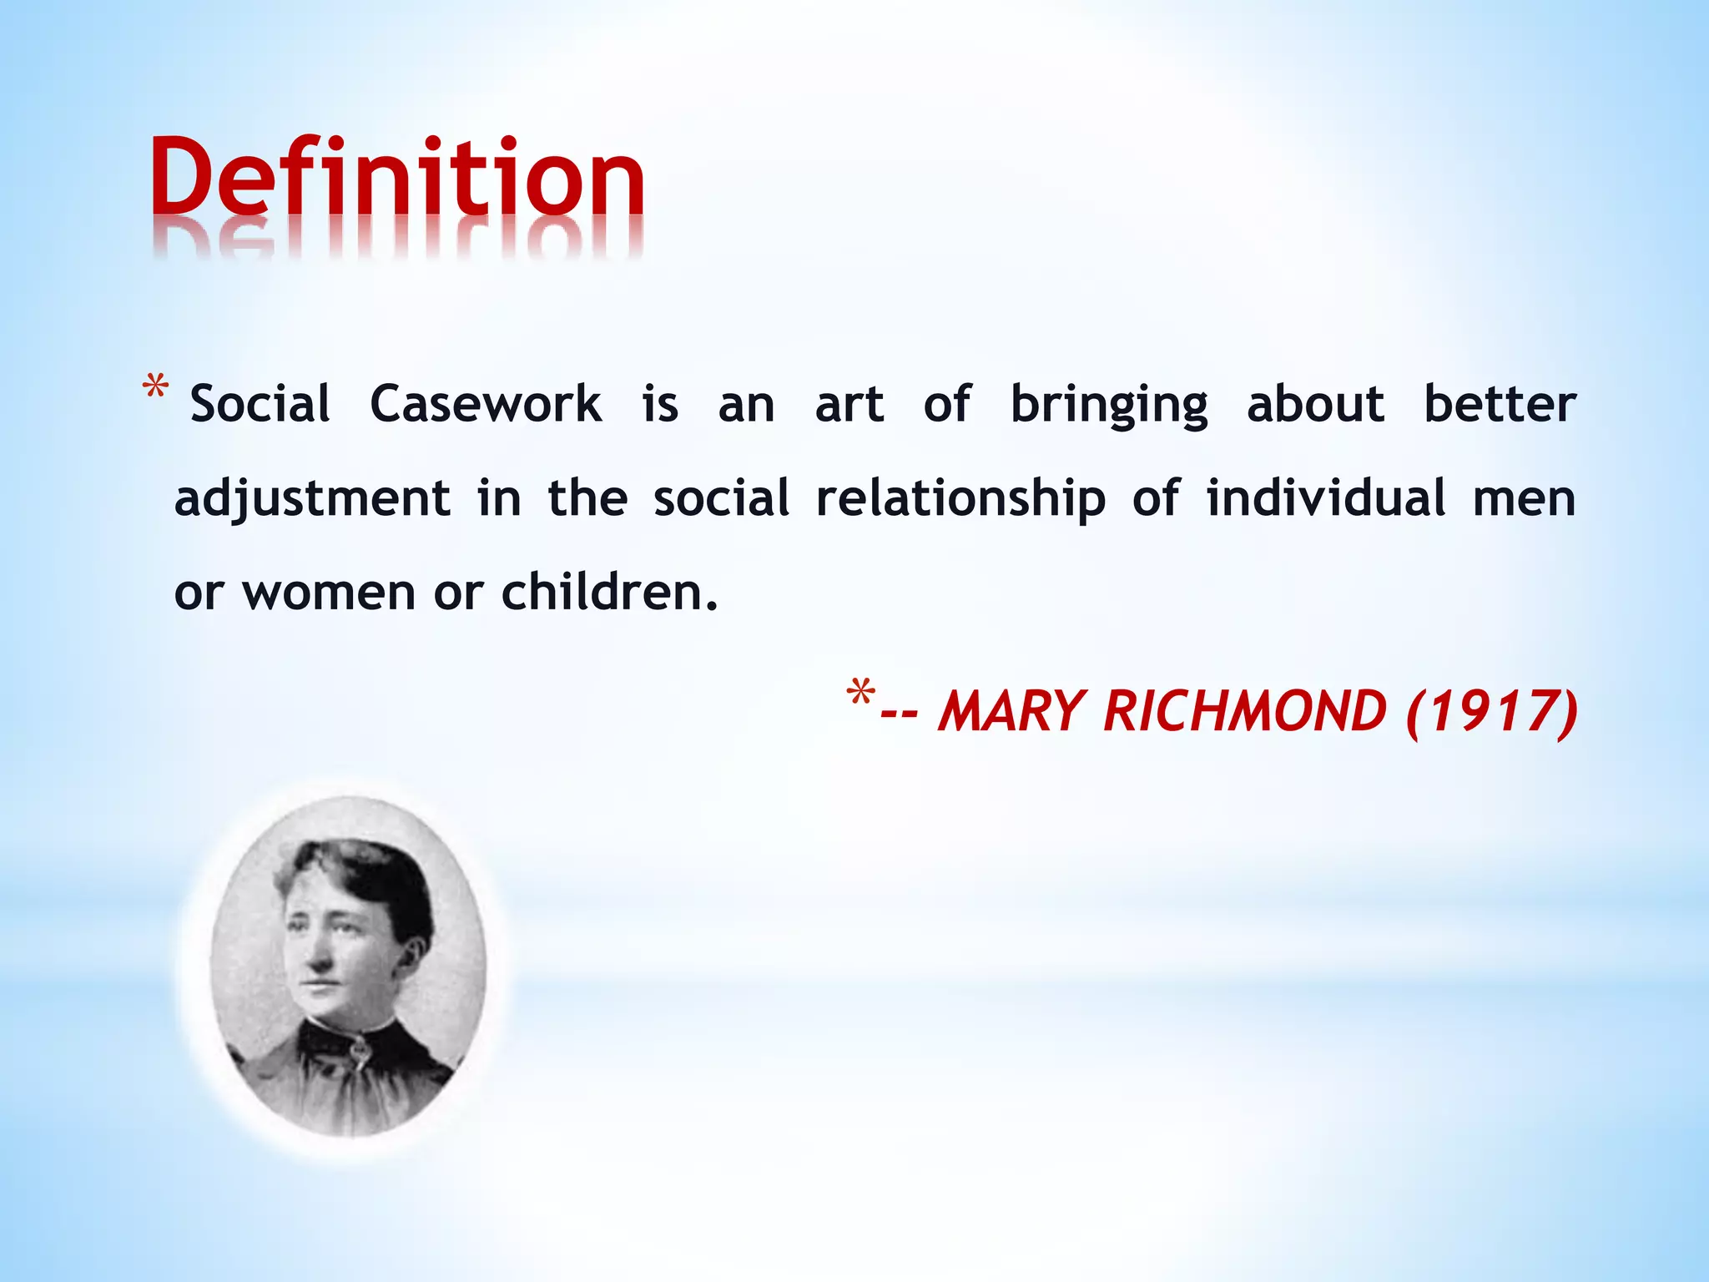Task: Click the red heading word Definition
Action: [397, 177]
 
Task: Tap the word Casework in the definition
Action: [485, 405]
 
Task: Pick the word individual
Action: [1326, 498]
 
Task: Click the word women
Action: [329, 593]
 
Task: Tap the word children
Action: [609, 593]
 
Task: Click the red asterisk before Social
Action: [156, 390]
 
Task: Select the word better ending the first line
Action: [1500, 405]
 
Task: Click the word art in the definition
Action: [849, 405]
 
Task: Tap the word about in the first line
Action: [1316, 405]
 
